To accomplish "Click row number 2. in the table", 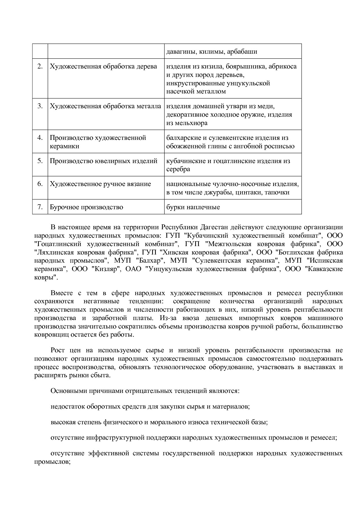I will (x=40, y=66).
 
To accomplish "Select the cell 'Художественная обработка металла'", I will (x=105, y=106).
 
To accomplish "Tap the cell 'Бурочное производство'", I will (x=86, y=207).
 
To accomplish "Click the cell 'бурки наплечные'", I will (x=193, y=207).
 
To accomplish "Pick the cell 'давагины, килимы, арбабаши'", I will (x=212, y=52).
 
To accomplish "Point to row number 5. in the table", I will (x=40, y=161).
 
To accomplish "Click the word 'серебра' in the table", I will (x=178, y=169).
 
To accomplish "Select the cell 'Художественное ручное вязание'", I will (x=100, y=184).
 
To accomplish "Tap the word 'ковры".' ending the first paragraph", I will (x=46, y=277).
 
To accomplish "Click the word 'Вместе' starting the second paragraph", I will (x=62, y=293).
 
